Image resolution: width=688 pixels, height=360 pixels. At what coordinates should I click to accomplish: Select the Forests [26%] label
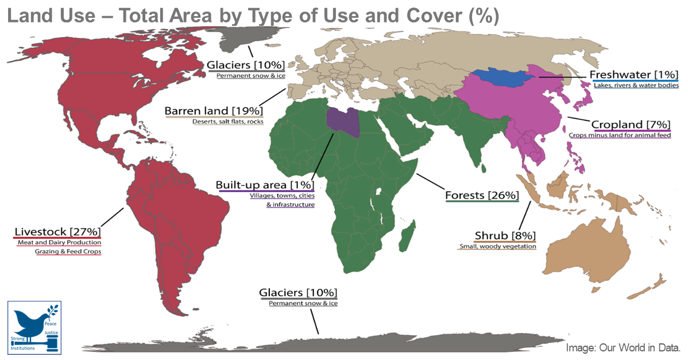[482, 195]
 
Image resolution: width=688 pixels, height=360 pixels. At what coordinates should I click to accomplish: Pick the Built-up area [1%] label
[265, 185]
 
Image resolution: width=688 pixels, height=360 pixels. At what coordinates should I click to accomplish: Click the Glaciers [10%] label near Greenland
[245, 65]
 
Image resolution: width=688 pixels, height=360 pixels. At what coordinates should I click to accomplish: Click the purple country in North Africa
[343, 122]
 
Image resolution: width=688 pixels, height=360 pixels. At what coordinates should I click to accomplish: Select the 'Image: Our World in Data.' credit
[623, 348]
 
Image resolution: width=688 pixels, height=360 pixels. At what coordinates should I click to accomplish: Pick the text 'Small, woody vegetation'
[497, 247]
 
